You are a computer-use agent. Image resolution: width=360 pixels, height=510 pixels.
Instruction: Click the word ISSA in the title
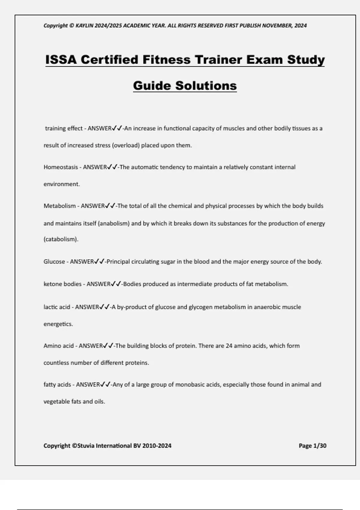click(x=61, y=60)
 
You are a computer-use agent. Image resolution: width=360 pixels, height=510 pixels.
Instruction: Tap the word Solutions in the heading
click(x=206, y=86)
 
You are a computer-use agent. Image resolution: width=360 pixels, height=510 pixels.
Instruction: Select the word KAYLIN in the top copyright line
click(x=85, y=26)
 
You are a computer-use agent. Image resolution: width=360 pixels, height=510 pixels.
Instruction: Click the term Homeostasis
click(x=61, y=167)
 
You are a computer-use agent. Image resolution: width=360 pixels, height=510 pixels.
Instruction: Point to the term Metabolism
click(x=60, y=206)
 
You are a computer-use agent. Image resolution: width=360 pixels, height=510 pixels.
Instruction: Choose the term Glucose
click(x=54, y=262)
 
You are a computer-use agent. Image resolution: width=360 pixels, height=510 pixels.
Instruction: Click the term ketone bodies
click(x=62, y=284)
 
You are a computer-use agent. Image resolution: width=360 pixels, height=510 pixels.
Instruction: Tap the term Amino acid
click(x=58, y=346)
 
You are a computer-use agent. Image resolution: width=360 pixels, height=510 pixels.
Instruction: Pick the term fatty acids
click(x=57, y=385)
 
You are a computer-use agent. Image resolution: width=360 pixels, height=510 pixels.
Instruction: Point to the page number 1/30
click(x=319, y=446)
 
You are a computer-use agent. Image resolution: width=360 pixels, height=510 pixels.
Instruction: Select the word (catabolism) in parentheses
click(x=61, y=239)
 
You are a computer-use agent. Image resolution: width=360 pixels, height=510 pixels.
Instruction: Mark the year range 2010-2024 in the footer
click(x=157, y=446)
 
